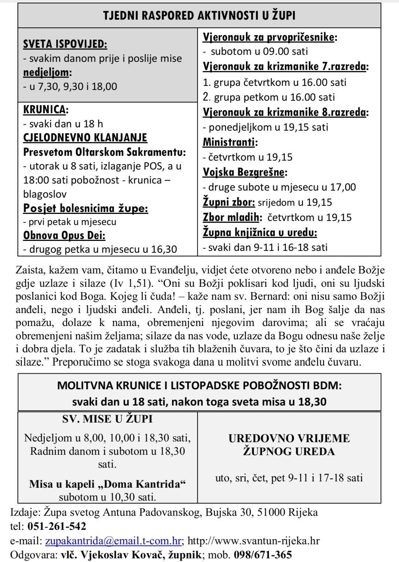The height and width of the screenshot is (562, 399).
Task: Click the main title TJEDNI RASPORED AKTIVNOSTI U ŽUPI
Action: (x=199, y=16)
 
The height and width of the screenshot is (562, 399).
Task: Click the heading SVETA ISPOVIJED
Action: (x=65, y=44)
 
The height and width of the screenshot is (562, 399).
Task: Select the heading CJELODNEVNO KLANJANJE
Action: (x=85, y=138)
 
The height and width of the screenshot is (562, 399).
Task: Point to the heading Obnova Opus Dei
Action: (x=64, y=235)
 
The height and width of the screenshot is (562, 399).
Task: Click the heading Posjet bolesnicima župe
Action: (x=85, y=208)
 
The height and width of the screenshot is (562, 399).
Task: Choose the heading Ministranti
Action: (x=230, y=142)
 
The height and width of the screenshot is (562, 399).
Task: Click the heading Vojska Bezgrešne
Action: (x=244, y=172)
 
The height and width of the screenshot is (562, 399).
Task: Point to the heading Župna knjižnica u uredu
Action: (x=260, y=232)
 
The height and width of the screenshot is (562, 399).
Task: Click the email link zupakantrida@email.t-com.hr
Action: (x=113, y=541)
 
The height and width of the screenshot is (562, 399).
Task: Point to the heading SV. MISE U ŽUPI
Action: (x=107, y=419)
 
